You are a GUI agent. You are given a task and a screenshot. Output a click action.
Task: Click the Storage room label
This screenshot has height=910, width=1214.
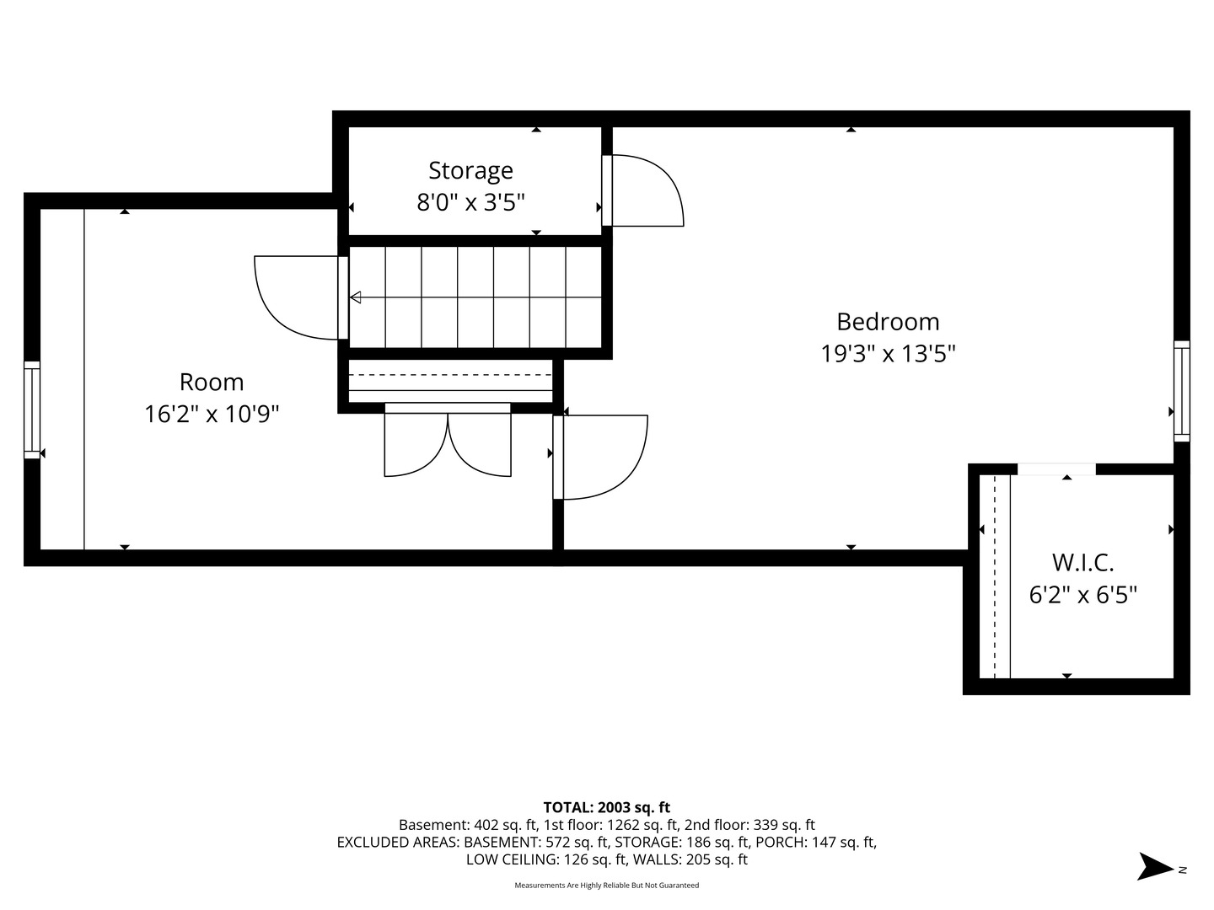coord(470,170)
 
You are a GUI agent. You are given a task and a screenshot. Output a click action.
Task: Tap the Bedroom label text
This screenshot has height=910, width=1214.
coord(888,322)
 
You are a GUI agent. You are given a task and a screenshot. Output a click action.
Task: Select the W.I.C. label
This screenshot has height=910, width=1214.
coord(1082,563)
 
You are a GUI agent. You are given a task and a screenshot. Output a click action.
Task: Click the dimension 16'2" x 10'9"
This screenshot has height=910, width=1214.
coord(212,413)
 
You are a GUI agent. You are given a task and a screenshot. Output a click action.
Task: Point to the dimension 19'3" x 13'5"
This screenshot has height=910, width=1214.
coord(888,353)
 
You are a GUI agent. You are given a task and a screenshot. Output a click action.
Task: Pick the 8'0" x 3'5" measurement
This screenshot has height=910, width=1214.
coord(470,202)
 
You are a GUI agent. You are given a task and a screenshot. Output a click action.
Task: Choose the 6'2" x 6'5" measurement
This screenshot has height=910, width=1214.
coord(1082,595)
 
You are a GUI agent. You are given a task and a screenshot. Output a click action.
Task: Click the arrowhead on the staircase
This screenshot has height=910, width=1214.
coord(356,297)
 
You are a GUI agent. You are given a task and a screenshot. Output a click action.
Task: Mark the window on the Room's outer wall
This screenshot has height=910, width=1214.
coord(31,410)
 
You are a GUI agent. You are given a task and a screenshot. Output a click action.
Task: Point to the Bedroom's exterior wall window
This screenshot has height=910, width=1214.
coord(1181,391)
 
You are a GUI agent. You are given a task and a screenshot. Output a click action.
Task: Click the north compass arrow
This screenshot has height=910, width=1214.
coord(1154,866)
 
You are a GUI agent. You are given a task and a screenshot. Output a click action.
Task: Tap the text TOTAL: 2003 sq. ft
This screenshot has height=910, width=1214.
coord(607,807)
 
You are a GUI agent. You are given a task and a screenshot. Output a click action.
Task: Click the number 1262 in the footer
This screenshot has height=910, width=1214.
coord(621,825)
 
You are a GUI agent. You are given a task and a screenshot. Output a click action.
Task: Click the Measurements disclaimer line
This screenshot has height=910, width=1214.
coord(607,885)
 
